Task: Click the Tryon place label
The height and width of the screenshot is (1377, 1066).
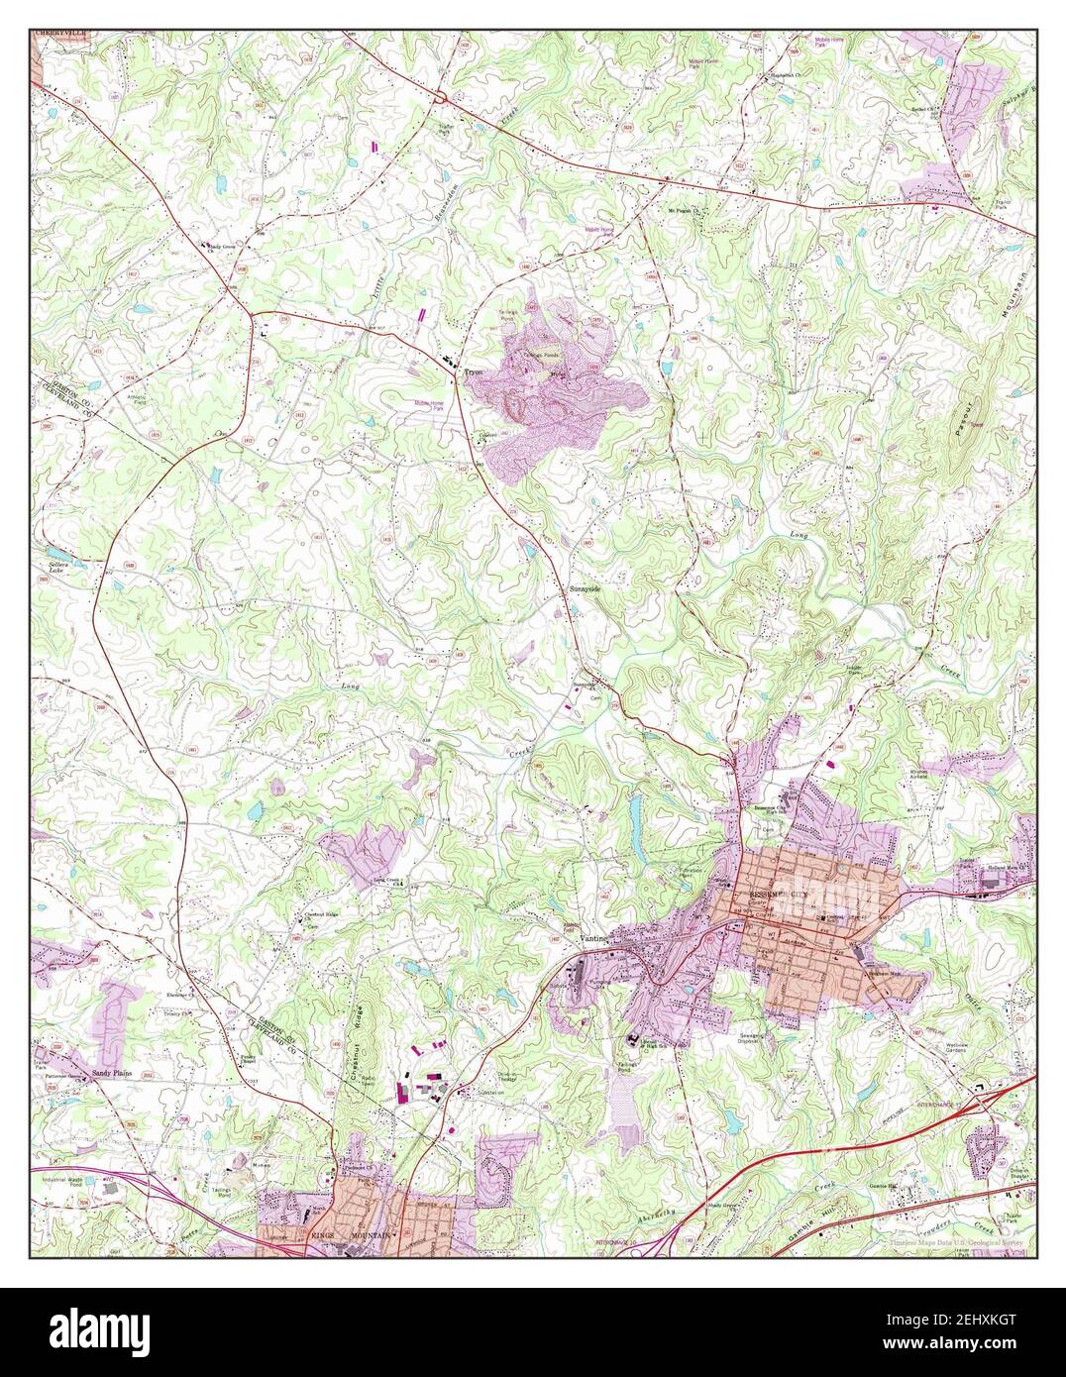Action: click(x=472, y=373)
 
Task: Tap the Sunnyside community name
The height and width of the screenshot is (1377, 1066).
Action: click(x=585, y=588)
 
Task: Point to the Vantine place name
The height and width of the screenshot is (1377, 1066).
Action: click(x=592, y=937)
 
